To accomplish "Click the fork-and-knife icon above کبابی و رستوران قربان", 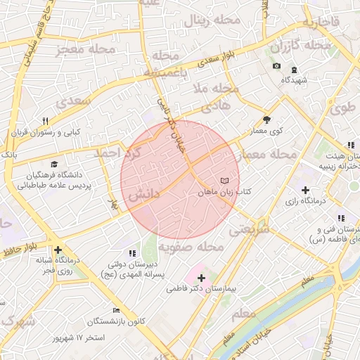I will pos(46,121).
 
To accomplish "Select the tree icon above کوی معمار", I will pos(266,120).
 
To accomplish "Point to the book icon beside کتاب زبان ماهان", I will pos(224,181).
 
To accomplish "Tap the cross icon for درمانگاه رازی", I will pos(305,190).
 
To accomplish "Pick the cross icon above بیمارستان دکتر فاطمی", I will pos(202,278).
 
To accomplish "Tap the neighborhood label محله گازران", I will pos(300,46).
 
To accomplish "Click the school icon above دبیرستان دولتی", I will pos(131,253).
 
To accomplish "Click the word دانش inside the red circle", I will pos(143,192).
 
